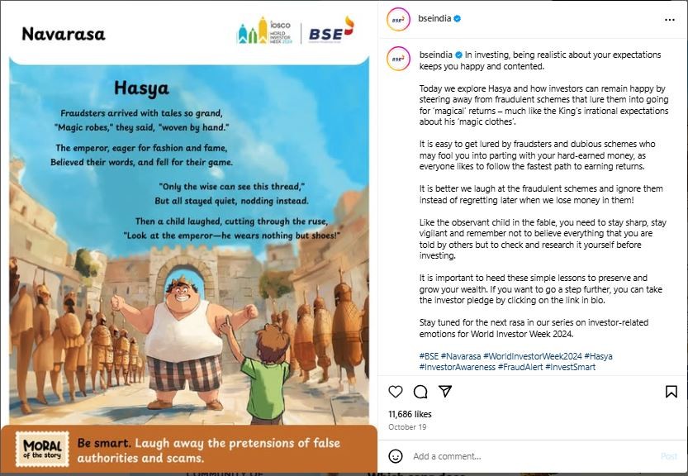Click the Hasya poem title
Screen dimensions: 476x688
point(140,88)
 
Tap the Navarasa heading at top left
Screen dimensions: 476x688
point(64,34)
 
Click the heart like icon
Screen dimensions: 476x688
point(396,392)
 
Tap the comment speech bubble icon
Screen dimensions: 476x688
point(420,392)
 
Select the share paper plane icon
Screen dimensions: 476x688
point(445,392)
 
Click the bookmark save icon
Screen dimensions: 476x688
point(671,392)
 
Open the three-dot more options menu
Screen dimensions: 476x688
point(670,19)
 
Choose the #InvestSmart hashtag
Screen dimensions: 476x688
point(570,367)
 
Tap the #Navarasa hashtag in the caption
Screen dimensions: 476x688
point(463,356)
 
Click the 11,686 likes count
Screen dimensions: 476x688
point(410,413)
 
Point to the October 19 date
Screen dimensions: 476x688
point(406,427)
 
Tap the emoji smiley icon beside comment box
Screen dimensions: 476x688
point(396,456)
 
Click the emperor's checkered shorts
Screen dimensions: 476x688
point(184,373)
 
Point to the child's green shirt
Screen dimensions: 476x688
point(264,388)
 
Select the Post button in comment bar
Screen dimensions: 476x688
point(669,456)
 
